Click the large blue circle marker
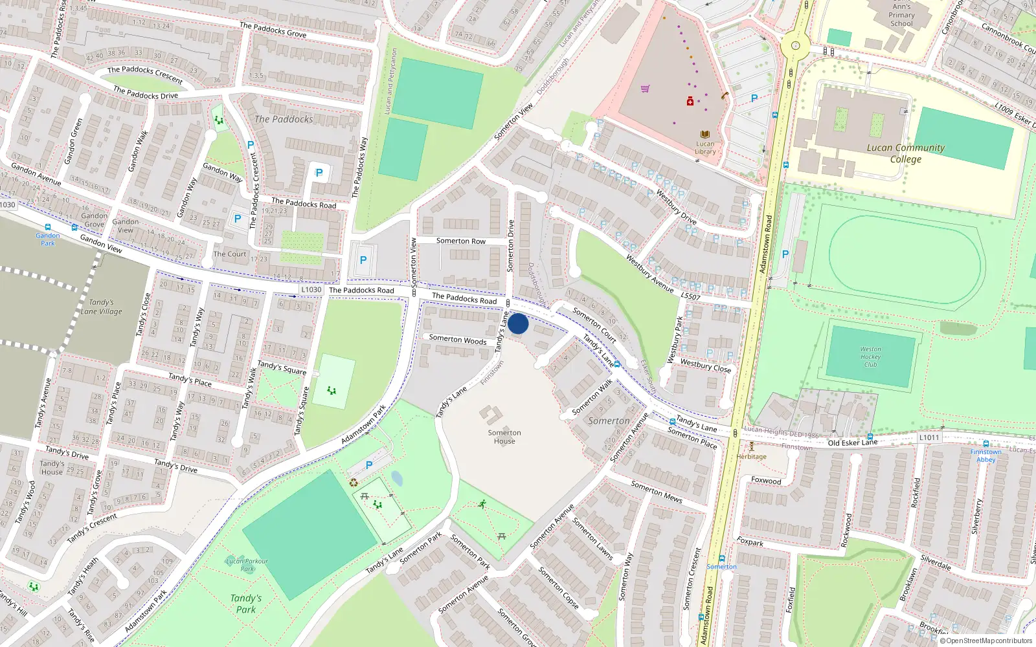pyautogui.click(x=518, y=323)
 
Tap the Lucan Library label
pyautogui.click(x=705, y=148)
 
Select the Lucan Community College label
pyautogui.click(x=905, y=153)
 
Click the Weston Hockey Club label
pyautogui.click(x=870, y=356)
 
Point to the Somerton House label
pyautogui.click(x=504, y=437)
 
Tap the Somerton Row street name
pyautogui.click(x=460, y=241)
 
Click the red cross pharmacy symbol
pyautogui.click(x=690, y=101)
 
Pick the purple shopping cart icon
pyautogui.click(x=645, y=89)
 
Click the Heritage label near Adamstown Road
pyautogui.click(x=751, y=456)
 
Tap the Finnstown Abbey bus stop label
pyautogui.click(x=985, y=455)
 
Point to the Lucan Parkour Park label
pyautogui.click(x=247, y=565)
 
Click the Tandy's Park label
pyautogui.click(x=246, y=604)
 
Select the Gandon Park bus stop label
pyautogui.click(x=48, y=239)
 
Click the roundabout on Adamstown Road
pyautogui.click(x=794, y=46)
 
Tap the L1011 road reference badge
pyautogui.click(x=929, y=438)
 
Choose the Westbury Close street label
pyautogui.click(x=705, y=366)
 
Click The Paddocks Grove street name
pyautogui.click(x=273, y=30)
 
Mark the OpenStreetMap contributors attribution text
pyautogui.click(x=985, y=641)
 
